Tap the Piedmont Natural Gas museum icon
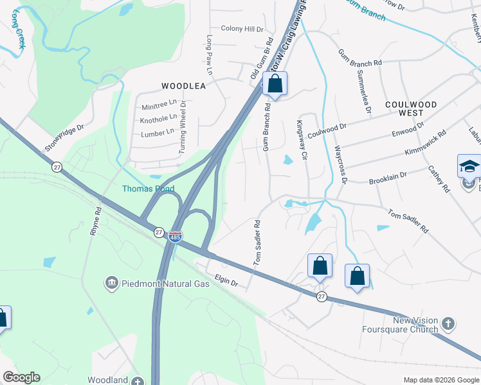coord(111,283)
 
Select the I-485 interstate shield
coord(175,237)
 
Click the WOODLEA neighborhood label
coord(183,85)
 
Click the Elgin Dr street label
coord(226,281)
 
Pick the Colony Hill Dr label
coord(242,30)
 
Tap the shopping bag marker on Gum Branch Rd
coord(275,84)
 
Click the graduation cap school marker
coord(469,166)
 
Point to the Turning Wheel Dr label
coord(183,128)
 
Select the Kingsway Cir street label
coord(299,135)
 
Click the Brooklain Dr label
coord(388,178)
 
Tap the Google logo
coord(21,377)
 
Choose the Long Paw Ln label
coord(209,49)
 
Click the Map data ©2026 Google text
coord(441,380)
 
